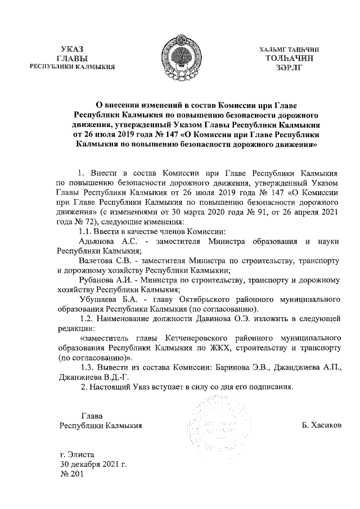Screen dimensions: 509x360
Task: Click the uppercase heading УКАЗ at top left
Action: pyautogui.click(x=73, y=49)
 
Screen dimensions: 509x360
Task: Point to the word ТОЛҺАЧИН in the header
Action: pyautogui.click(x=289, y=57)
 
